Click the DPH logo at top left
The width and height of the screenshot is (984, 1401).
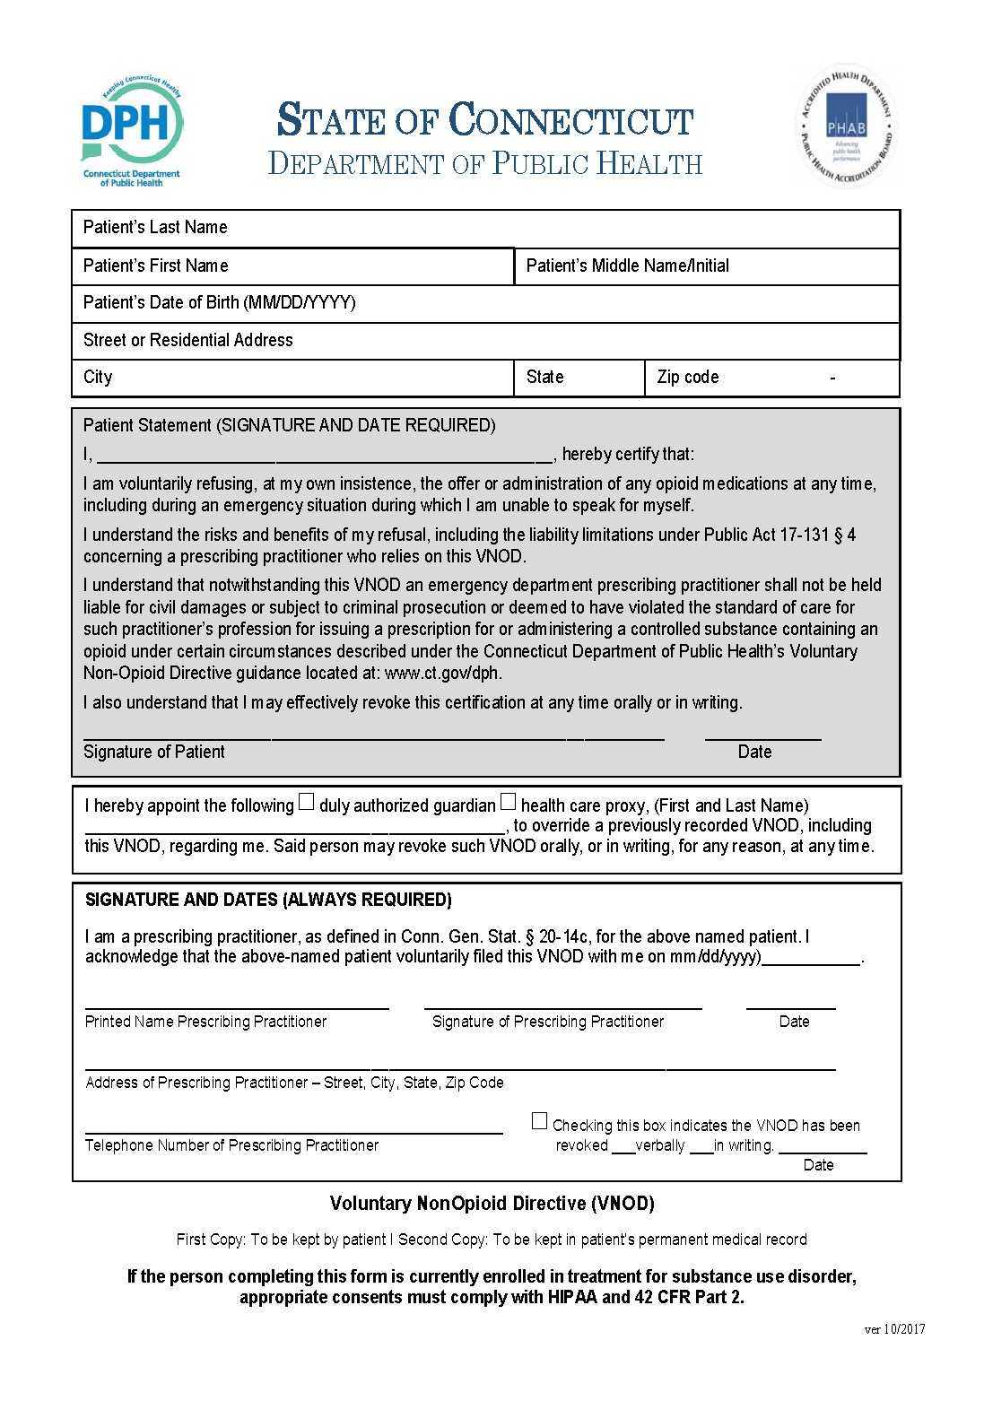coord(131,131)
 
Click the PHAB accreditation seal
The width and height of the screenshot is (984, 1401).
coord(845,128)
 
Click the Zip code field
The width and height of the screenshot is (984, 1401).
coord(772,378)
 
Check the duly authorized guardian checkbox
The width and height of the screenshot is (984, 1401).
coord(307,802)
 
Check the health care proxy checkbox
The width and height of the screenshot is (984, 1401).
coord(509,802)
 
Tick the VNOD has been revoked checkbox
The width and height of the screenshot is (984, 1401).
coord(539,1121)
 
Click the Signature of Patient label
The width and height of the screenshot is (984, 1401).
coord(153,752)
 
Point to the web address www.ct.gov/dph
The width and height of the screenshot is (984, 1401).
coord(443,673)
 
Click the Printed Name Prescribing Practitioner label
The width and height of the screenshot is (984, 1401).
coord(205,1022)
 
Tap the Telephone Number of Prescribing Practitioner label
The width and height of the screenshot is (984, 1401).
coord(231,1145)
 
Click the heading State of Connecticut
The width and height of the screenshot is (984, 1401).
coord(485,120)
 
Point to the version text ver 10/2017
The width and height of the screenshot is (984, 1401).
coord(894,1329)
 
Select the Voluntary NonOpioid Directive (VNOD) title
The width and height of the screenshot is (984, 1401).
coord(492,1204)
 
